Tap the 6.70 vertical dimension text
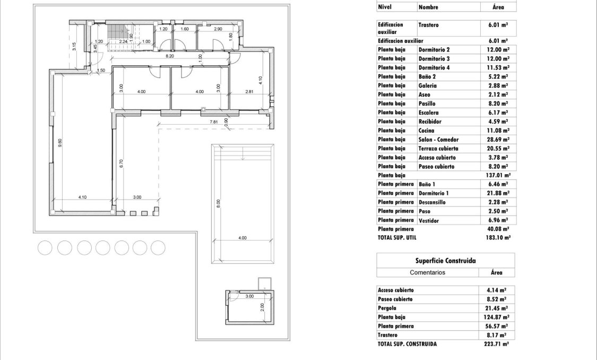(x=122, y=164)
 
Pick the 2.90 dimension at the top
(x=218, y=29)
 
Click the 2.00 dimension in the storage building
(x=262, y=307)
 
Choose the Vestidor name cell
(x=428, y=220)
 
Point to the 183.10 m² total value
(x=498, y=238)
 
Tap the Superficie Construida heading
(x=445, y=261)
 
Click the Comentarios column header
(x=427, y=272)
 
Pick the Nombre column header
(x=428, y=7)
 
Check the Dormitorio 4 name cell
(x=434, y=68)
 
